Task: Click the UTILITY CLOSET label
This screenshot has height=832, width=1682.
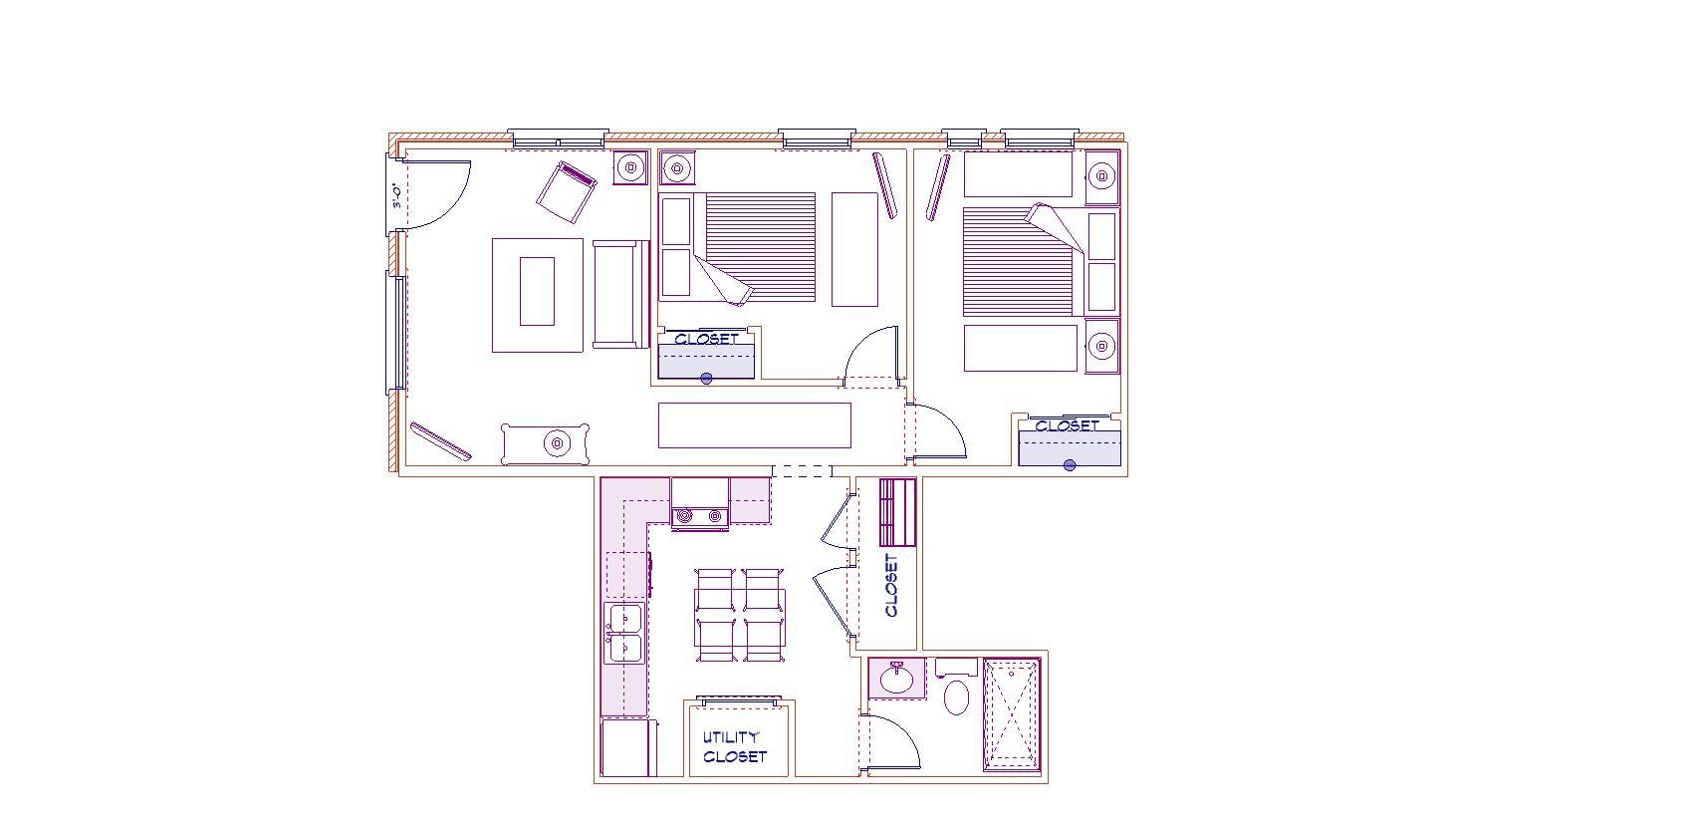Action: coord(735,747)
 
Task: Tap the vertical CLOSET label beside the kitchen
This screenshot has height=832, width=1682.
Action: coord(891,586)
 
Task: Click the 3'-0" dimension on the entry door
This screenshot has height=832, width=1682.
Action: coord(396,195)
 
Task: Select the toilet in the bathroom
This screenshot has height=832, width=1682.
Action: coord(956,696)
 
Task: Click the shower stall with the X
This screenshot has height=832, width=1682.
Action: coord(1012,714)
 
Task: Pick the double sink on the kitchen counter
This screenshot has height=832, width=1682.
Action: coord(624,634)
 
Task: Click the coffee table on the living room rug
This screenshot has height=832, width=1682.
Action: coord(537,291)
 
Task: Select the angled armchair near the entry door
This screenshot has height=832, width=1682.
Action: coord(566,192)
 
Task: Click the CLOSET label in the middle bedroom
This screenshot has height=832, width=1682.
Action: coord(706,339)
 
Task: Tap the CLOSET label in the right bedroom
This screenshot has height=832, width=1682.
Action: coord(1067,425)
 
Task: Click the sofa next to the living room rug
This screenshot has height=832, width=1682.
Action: coord(618,294)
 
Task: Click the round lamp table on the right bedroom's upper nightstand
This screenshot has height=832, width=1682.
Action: coord(1101,177)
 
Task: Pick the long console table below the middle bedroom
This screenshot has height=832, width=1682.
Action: coord(754,425)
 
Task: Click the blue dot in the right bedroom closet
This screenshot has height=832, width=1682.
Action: coord(1070,464)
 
